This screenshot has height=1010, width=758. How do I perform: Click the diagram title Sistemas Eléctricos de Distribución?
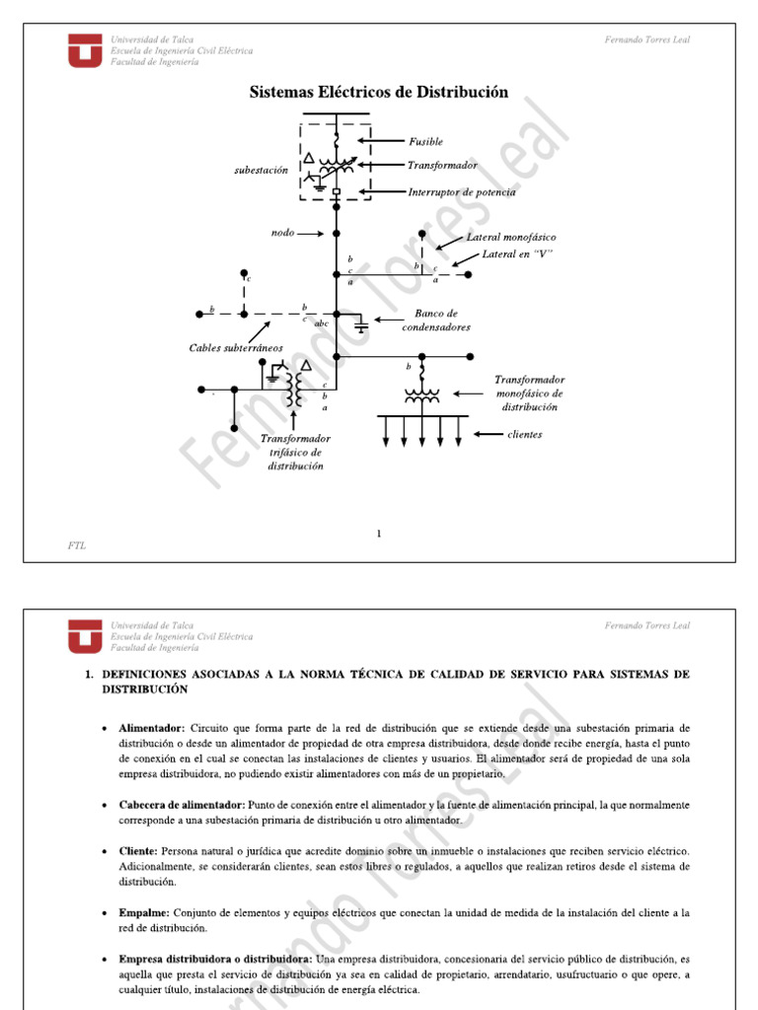[378, 93]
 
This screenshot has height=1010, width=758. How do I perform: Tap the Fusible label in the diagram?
[425, 142]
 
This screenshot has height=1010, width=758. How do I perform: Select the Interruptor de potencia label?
[461, 192]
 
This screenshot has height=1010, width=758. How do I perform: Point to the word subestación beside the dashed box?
[261, 170]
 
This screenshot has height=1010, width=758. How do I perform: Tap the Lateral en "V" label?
[517, 254]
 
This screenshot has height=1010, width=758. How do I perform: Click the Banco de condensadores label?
[435, 320]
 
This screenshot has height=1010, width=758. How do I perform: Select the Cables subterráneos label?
[236, 347]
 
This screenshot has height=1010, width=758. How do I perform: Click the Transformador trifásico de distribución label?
[295, 452]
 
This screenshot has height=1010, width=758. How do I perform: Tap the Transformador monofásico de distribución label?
[529, 393]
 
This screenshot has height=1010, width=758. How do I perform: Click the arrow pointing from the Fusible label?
[381, 142]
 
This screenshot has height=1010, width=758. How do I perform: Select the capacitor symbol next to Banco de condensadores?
[361, 325]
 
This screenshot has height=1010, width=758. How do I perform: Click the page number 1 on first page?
[378, 534]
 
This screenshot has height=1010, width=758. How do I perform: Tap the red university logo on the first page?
[84, 50]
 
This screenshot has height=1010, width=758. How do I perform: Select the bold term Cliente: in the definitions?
[138, 850]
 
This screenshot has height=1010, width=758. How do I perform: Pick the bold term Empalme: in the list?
[144, 913]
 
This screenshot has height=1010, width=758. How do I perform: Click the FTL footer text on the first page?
[76, 545]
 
